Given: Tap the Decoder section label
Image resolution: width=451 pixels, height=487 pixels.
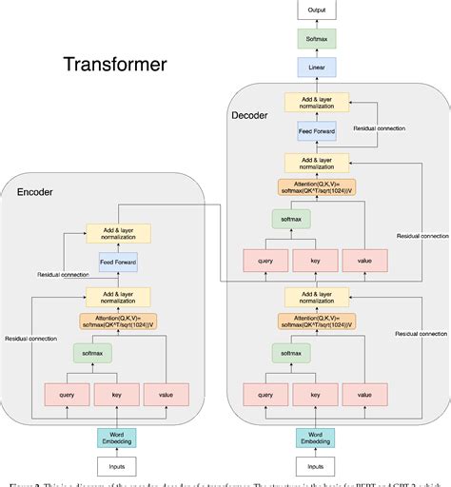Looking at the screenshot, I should click(x=250, y=116).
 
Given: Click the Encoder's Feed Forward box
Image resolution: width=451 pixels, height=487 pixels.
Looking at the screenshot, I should click(x=118, y=261).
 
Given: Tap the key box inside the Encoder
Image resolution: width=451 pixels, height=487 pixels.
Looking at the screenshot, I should click(x=118, y=394).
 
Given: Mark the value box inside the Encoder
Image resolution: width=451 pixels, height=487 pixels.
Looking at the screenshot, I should click(x=166, y=394).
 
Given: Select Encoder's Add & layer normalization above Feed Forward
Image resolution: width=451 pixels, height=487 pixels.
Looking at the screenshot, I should click(x=118, y=233).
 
